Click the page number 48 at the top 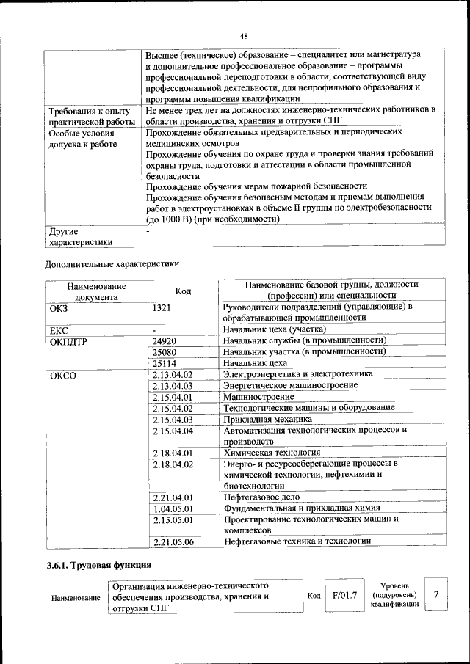coord(244,36)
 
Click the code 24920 coord(164,341)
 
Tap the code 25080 coord(164,352)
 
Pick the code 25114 coord(164,363)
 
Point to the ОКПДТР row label coord(69,341)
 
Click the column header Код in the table coord(183,291)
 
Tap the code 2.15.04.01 coord(173,397)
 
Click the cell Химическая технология coord(272,453)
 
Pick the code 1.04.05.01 coord(173,508)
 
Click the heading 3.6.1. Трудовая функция coord(98,566)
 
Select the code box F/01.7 coord(344,595)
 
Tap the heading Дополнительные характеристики coord(112,263)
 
